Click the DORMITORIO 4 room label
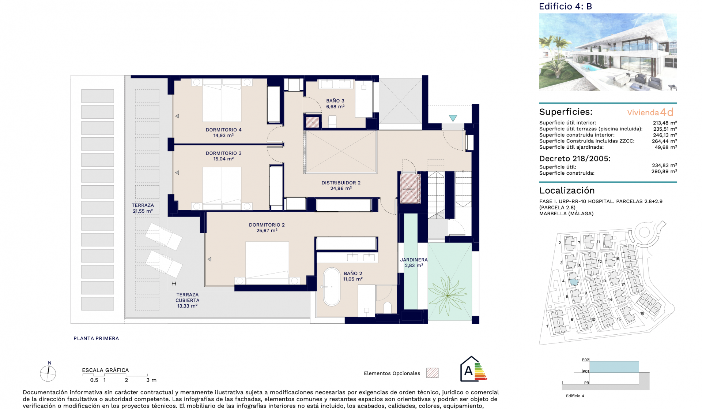(x=223, y=130)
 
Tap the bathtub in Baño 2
(x=332, y=287)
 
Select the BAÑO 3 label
(x=335, y=101)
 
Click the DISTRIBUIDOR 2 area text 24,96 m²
(x=341, y=189)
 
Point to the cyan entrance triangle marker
(x=453, y=118)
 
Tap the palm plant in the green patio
(x=448, y=295)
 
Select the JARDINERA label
(x=414, y=260)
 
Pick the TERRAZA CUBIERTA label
(x=187, y=297)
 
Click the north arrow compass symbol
(x=48, y=373)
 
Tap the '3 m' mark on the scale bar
(x=151, y=380)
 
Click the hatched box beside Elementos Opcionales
(x=432, y=373)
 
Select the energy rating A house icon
(x=469, y=370)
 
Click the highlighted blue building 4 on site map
(x=574, y=282)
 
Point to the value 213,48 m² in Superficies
(x=665, y=123)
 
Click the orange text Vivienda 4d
(x=650, y=112)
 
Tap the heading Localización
(x=567, y=190)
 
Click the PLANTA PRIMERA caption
(x=96, y=338)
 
